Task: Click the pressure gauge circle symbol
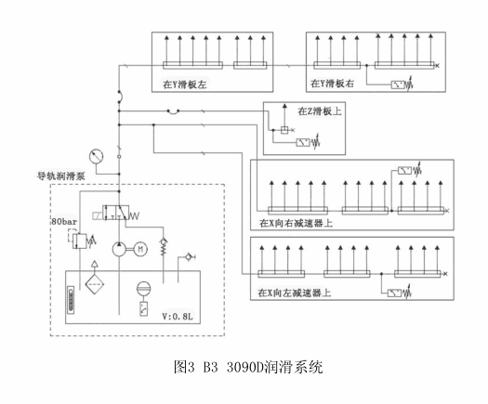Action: coord(96,156)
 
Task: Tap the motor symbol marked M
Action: coord(140,249)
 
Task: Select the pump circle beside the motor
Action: coord(119,249)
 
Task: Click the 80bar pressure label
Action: coord(64,222)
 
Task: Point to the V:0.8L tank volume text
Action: coord(178,317)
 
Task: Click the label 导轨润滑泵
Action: coord(61,176)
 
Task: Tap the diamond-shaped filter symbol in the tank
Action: coord(95,284)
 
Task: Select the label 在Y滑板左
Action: coord(185,85)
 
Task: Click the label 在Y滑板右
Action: coord(332,84)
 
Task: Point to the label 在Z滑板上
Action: coord(320,111)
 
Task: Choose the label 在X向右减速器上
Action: coord(296,223)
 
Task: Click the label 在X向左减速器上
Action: coord(294,293)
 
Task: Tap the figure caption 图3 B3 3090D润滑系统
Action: coord(248,367)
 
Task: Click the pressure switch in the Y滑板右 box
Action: coord(402,85)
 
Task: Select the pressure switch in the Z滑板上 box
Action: coord(308,142)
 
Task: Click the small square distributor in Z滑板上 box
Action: coord(284,130)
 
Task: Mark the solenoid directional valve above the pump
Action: coord(116,213)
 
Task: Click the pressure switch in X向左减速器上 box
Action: coord(400,293)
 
